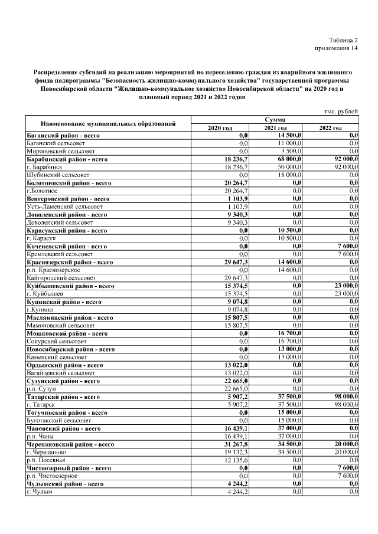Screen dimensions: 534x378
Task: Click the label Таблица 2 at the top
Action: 344,39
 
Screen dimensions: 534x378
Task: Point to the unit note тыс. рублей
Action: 341,112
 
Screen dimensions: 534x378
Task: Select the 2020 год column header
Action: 220,128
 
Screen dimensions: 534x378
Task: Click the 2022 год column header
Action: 330,128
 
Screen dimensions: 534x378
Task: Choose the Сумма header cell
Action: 275,120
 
